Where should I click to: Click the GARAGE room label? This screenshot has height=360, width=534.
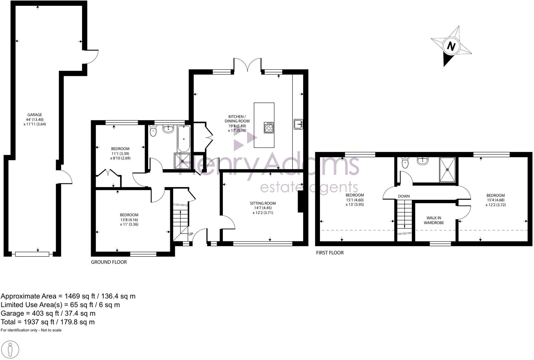(x=34, y=115)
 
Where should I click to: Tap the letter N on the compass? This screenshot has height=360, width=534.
(x=451, y=46)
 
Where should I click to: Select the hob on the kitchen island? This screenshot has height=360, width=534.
(x=269, y=128)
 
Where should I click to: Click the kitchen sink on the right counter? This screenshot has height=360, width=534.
(x=298, y=124)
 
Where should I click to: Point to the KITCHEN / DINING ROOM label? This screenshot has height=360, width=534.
(x=237, y=119)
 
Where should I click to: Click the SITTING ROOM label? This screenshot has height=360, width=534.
(x=263, y=203)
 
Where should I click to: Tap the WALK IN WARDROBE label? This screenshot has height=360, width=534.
(x=434, y=220)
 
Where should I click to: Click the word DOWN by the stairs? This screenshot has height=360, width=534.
(x=404, y=196)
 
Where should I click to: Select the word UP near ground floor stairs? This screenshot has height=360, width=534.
(x=191, y=234)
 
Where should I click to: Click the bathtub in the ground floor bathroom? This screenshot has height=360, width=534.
(x=184, y=139)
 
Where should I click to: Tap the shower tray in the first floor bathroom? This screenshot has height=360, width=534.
(x=447, y=170)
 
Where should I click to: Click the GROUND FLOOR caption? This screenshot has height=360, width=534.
(x=109, y=262)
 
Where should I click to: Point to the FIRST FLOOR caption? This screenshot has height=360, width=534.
(x=330, y=253)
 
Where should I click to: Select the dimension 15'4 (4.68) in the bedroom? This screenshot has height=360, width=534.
(x=495, y=200)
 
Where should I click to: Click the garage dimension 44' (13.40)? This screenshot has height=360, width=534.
(x=35, y=120)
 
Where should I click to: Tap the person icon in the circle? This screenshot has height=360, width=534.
(x=10, y=350)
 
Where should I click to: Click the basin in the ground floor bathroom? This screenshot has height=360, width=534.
(x=168, y=129)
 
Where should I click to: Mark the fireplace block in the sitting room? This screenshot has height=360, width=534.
(x=300, y=202)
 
